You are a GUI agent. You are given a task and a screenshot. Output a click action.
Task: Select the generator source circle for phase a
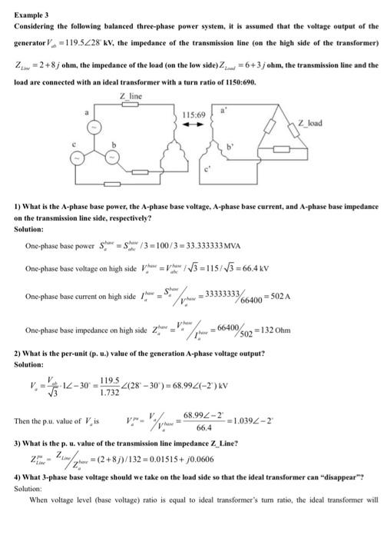[94, 125]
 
